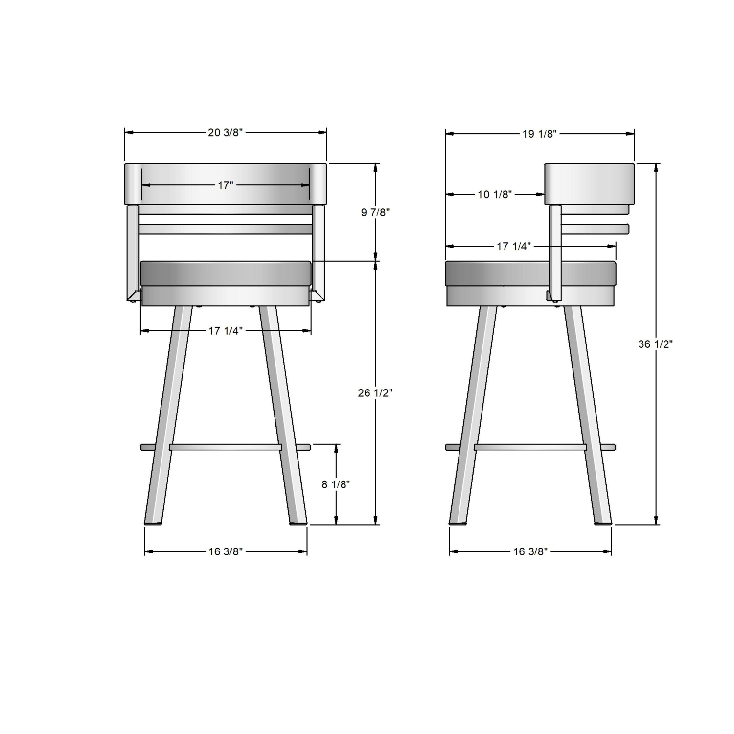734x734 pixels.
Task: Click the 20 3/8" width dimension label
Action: [225, 132]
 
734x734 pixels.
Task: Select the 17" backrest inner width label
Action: [225, 185]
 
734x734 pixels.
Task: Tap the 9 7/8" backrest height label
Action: [375, 212]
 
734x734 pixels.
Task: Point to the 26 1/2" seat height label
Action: [375, 392]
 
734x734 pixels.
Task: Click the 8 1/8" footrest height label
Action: [336, 484]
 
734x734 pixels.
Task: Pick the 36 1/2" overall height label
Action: [655, 344]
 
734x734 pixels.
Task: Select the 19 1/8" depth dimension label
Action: [539, 134]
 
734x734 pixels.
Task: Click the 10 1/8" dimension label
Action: [494, 194]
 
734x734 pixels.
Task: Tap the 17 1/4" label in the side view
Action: [513, 246]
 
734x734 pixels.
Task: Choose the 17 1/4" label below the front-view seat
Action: [225, 331]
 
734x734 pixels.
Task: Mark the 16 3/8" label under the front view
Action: [225, 551]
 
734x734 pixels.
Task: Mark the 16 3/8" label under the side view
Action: [530, 551]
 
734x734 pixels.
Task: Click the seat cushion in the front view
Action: [225, 273]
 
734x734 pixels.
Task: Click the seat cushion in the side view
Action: [499, 273]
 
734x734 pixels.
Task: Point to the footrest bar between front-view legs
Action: [225, 447]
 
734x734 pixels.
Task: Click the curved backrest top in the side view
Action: [589, 183]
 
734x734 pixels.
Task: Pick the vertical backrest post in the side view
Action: [555, 250]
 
